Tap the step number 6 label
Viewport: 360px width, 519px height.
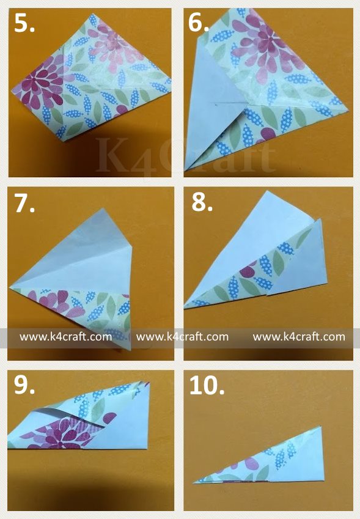(199, 23)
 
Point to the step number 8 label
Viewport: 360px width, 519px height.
(202, 202)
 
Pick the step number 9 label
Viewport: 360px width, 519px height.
(24, 385)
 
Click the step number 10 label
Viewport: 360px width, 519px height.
(207, 385)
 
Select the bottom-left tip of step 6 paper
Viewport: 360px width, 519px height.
(186, 171)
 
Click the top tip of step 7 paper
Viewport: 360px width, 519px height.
(103, 208)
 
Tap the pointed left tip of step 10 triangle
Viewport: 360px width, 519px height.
(194, 483)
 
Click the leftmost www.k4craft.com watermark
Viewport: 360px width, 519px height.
(65, 337)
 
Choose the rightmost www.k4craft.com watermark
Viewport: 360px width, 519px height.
(299, 337)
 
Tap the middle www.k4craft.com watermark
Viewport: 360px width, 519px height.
(182, 337)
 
